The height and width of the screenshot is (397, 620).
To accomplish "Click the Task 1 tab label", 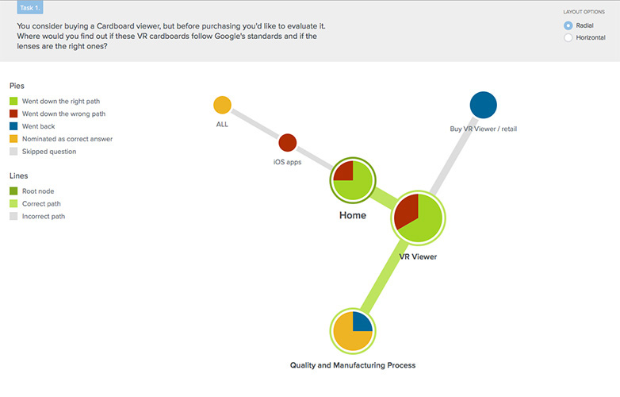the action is pos(30,7).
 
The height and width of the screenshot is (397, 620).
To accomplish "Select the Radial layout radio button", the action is pos(568,25).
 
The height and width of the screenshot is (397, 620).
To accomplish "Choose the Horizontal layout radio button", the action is pos(568,37).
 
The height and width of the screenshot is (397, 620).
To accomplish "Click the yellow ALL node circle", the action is pos(222,105).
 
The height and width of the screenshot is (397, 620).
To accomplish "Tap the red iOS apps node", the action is pos(288,142).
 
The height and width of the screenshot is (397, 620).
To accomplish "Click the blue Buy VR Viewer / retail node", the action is pos(483,105).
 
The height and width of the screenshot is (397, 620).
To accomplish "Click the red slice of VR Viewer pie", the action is pos(408,210).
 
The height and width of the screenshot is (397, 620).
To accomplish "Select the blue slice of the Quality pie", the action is pos(361,322).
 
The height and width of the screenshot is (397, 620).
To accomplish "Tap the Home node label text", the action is pos(353,215).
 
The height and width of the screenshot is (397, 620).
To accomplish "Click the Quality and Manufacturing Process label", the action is pos(353,365).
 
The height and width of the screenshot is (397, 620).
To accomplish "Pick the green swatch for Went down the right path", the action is pos(13,101).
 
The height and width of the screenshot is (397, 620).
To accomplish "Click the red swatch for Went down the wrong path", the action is pos(13,114).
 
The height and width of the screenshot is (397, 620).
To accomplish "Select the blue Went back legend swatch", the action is pos(13,126).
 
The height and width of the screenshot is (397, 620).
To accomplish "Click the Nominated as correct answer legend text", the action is pos(67,139).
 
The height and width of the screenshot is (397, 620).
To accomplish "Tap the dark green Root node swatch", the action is pos(13,191).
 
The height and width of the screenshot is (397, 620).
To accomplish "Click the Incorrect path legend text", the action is pos(44,216).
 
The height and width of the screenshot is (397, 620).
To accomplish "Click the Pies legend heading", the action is pos(17,86).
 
